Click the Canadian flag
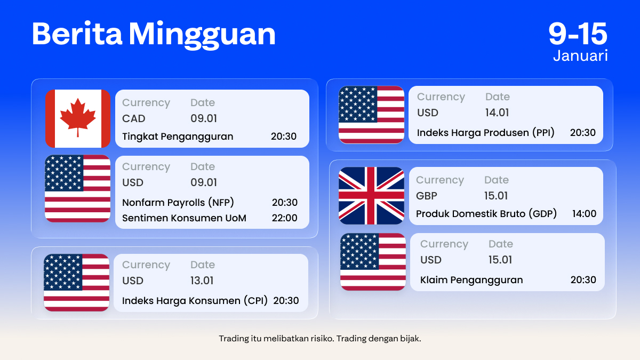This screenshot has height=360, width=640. point(78,118)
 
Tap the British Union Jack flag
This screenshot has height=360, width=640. point(371,196)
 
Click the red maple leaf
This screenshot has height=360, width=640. point(78,116)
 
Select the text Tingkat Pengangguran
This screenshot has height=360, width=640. point(178,137)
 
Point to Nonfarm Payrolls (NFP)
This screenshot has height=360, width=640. point(178,203)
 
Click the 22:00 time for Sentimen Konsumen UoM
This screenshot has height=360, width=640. point(284,218)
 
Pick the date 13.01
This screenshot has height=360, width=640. point(202,281)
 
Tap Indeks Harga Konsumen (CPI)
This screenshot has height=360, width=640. point(195,301)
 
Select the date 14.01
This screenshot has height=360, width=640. point(497,113)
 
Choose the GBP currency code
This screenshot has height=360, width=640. point(427,196)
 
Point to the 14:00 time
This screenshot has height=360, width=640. point(584,214)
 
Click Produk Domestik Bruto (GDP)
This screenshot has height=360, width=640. point(486,214)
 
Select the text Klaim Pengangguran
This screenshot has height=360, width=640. point(471,280)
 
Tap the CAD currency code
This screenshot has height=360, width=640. point(134,118)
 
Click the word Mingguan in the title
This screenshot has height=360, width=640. point(202,34)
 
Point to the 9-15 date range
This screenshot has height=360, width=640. point(578,33)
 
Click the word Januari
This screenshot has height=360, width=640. point(580,55)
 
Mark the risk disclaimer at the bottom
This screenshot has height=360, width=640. point(320,339)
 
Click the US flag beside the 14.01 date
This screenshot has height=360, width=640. point(371,115)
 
